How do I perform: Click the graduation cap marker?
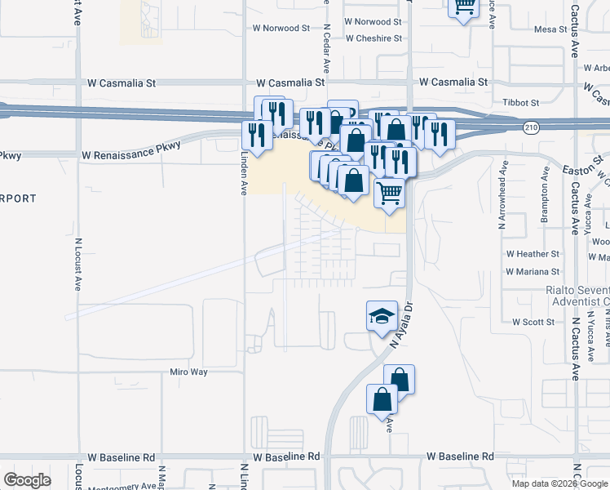tap(381, 318)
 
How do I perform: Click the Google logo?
tap(27, 480)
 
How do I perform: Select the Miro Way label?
tap(189, 372)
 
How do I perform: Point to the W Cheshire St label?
tap(374, 38)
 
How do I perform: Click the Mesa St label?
tap(550, 29)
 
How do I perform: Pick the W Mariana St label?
tap(533, 271)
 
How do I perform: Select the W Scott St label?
tap(533, 323)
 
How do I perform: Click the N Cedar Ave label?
tap(326, 49)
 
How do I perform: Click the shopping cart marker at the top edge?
tap(464, 7)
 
